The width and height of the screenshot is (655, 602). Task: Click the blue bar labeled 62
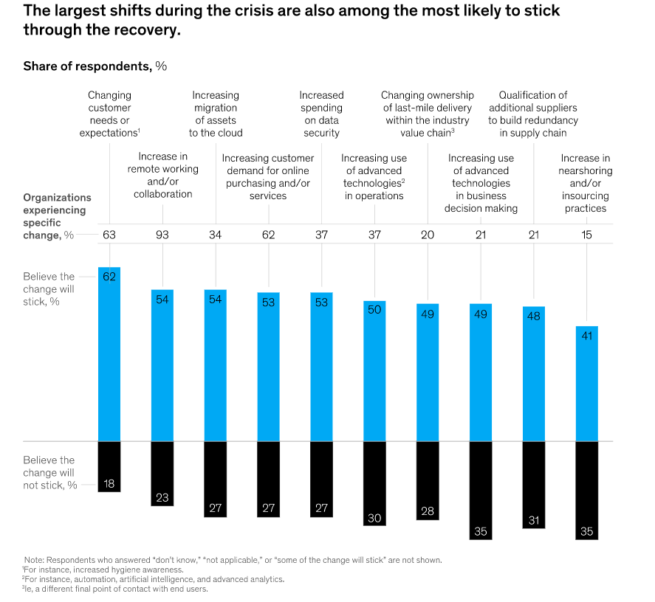click(109, 354)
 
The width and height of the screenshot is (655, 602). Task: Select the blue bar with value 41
click(587, 384)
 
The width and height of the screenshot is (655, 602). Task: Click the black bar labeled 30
click(374, 483)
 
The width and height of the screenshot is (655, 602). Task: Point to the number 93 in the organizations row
click(162, 235)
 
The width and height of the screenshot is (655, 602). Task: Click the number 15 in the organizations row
click(587, 235)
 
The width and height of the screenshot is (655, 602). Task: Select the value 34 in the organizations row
click(216, 235)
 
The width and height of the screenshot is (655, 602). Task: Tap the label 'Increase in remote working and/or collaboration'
click(163, 175)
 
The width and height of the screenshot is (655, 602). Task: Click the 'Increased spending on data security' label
click(321, 114)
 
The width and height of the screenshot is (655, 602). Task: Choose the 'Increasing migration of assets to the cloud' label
click(216, 114)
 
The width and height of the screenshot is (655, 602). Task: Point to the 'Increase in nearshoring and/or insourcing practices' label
click(585, 183)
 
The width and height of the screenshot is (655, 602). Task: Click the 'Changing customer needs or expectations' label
click(110, 114)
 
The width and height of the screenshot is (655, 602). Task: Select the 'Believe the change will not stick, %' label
click(49, 472)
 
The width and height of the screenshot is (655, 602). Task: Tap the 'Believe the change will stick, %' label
click(49, 289)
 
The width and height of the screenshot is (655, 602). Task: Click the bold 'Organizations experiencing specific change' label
click(57, 216)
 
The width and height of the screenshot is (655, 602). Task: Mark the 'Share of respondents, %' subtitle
click(95, 66)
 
